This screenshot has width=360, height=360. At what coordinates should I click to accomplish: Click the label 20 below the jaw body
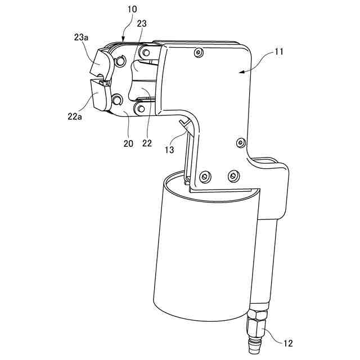(x=128, y=143)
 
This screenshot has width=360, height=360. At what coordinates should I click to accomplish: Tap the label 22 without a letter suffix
(x=147, y=143)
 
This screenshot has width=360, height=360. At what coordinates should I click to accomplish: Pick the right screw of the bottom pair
(x=232, y=177)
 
